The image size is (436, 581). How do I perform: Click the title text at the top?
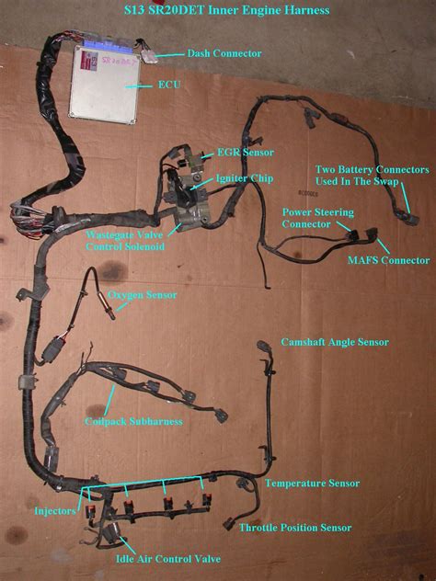226,10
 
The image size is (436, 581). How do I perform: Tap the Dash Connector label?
224,53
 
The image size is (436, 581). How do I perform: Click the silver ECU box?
104,85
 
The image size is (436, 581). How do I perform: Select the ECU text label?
169,85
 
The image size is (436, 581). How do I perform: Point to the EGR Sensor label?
246,153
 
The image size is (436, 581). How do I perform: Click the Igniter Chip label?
245,178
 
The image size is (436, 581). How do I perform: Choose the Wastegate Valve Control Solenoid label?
125,241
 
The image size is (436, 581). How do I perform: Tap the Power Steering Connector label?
317,218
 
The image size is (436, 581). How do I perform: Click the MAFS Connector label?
388,260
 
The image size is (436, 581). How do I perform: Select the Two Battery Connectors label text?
372,176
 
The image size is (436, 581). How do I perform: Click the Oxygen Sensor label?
142,295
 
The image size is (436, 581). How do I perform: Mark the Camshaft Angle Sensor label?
335,342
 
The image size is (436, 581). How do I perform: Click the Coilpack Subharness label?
133,421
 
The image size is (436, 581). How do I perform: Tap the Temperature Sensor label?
312,484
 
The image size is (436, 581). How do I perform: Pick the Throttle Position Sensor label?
295,528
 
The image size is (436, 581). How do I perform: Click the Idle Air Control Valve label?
168,559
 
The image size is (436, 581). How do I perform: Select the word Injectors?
55,511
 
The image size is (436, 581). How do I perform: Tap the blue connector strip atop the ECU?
108,42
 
